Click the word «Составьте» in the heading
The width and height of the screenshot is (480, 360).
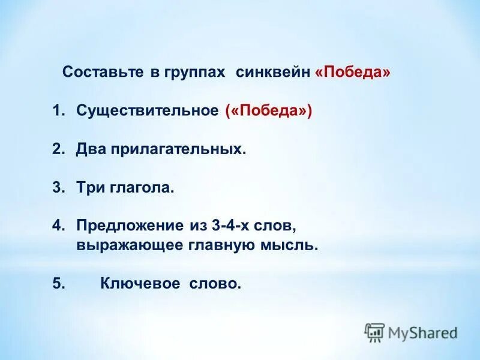[x=102, y=73]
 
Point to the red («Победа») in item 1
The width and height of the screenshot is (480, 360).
[x=269, y=111]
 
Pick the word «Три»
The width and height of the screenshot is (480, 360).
[x=90, y=188]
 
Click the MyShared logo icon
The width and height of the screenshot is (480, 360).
[x=374, y=332]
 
